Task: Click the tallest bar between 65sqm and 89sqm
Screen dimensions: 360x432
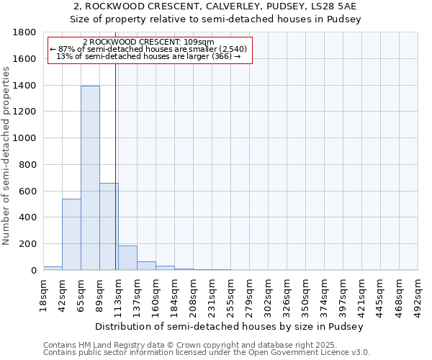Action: [x=90, y=178]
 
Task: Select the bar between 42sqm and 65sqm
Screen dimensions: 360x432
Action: [x=71, y=234]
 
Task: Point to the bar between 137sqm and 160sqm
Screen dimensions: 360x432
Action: [x=146, y=266]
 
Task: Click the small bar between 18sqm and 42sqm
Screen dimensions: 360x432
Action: [x=53, y=268]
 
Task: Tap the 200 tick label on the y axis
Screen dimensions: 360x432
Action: [x=28, y=244]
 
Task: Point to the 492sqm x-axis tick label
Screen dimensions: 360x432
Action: [x=418, y=294]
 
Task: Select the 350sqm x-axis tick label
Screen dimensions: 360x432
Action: [x=306, y=294]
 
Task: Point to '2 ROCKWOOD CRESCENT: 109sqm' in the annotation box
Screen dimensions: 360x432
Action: [x=149, y=42]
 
